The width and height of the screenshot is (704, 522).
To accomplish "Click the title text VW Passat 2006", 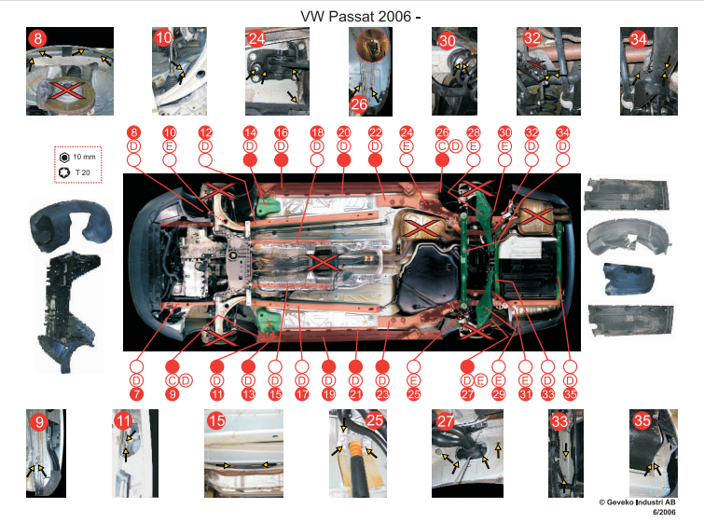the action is [x=355, y=17].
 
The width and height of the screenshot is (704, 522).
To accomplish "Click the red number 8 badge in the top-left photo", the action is [x=37, y=38].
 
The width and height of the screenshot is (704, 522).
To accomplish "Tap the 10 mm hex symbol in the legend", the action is [x=64, y=158].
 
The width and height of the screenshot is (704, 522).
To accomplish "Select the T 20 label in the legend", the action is [x=82, y=172].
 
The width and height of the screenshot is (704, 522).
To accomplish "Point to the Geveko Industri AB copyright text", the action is [x=637, y=502].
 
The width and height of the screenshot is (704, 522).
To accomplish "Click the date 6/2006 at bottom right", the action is [x=664, y=512].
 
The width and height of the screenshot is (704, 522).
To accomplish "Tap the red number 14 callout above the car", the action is [x=250, y=132].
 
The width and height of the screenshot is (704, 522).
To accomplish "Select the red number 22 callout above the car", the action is [x=375, y=132].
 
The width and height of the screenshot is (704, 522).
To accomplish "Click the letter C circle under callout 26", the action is [x=442, y=146].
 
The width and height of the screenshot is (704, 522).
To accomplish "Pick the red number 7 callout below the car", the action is [x=136, y=394].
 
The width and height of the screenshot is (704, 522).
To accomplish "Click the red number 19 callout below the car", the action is [x=328, y=394].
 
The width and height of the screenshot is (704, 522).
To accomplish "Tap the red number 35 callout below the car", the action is [x=570, y=394].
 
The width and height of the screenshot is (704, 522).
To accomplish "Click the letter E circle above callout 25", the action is [x=413, y=380].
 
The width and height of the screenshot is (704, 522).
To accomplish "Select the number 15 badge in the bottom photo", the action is [x=216, y=421].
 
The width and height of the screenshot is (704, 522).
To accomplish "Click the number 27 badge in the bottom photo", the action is [x=446, y=421].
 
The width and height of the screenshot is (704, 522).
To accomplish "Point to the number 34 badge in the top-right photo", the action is [x=638, y=39].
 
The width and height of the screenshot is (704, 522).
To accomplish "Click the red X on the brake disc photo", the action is [x=66, y=89].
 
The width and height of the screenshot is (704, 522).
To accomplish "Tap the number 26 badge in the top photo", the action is [x=359, y=104].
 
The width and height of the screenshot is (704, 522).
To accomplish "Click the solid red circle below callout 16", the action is [x=281, y=160].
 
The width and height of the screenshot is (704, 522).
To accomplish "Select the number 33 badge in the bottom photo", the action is [x=559, y=421].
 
